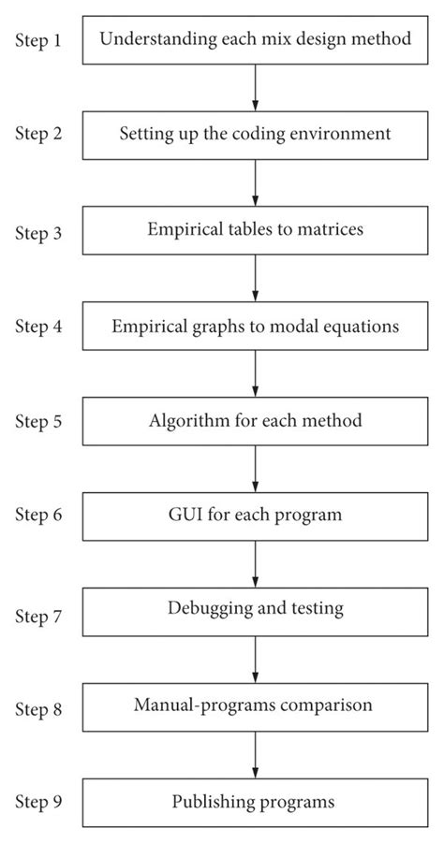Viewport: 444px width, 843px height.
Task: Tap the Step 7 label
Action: pos(38,616)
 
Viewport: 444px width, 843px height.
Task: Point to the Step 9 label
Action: pos(38,802)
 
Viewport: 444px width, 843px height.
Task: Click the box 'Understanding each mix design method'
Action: pos(255,39)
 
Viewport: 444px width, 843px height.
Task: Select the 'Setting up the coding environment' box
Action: pos(255,134)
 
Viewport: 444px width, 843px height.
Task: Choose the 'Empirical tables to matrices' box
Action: pos(255,230)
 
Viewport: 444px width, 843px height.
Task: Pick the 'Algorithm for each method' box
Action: pos(255,420)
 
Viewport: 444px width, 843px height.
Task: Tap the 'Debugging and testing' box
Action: pos(255,609)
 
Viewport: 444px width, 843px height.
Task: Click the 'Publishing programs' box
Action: pos(255,802)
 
